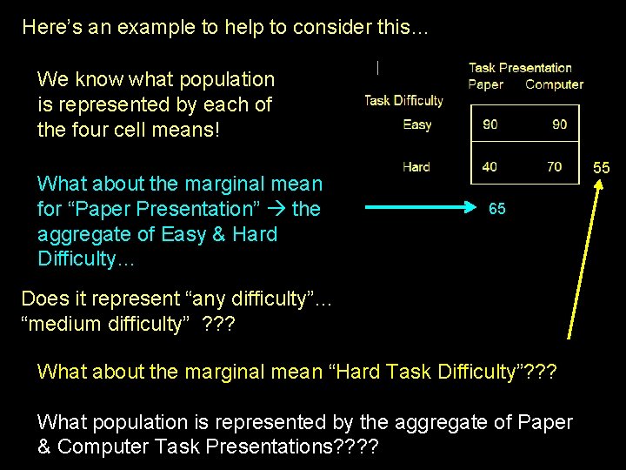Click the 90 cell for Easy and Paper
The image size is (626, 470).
coord(490,124)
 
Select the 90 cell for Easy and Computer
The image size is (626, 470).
coord(559,124)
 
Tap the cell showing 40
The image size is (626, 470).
coord(490,166)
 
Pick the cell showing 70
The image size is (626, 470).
coord(555,166)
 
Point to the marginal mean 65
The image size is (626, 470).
coord(497,209)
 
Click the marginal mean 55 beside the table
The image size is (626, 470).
coord(602,167)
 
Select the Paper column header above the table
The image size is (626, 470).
coord(485,84)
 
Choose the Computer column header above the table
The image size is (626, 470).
coord(554,84)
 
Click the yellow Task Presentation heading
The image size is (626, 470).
coord(520,68)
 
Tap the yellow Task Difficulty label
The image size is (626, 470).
coord(403,100)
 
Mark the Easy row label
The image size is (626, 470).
coord(417,124)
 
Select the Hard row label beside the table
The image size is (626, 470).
coord(416,166)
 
